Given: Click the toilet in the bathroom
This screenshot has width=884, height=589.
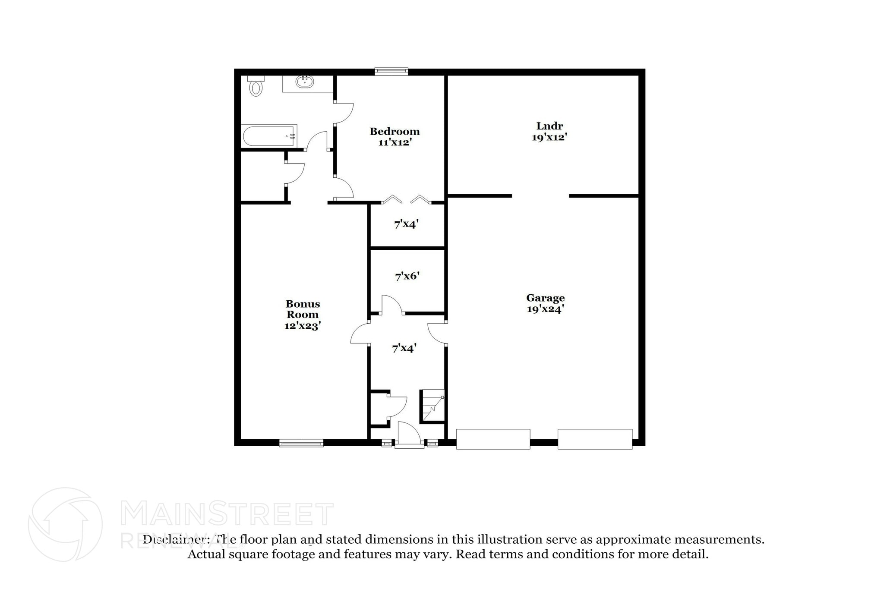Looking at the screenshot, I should (x=256, y=86).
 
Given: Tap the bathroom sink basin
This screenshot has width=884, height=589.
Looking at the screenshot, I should (x=305, y=81).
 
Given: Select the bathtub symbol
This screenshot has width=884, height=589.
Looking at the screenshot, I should (x=269, y=136).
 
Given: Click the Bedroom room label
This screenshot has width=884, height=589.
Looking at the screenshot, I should (x=395, y=131).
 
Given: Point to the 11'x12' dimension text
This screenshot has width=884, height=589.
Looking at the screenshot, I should (x=395, y=142).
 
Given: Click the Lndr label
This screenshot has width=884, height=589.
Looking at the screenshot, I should (x=549, y=126).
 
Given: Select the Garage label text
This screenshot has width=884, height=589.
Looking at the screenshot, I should (x=545, y=298).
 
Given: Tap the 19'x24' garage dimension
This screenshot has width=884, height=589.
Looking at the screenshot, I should (x=545, y=309).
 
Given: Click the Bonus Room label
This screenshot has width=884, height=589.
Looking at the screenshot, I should (x=303, y=309).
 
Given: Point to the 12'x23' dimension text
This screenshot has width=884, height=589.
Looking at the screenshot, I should (x=303, y=326).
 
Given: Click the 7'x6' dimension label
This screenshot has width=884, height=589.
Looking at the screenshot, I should (x=407, y=276).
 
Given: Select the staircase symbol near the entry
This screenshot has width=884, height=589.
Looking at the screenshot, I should (x=433, y=406).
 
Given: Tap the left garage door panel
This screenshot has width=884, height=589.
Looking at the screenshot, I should (x=493, y=439).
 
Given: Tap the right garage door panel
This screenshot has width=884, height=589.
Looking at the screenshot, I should (x=595, y=439).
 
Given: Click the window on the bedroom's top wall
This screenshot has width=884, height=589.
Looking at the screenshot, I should (x=391, y=71).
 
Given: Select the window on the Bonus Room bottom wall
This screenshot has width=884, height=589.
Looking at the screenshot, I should (x=301, y=443).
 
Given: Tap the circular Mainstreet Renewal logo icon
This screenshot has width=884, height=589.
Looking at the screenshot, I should (x=65, y=525).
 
